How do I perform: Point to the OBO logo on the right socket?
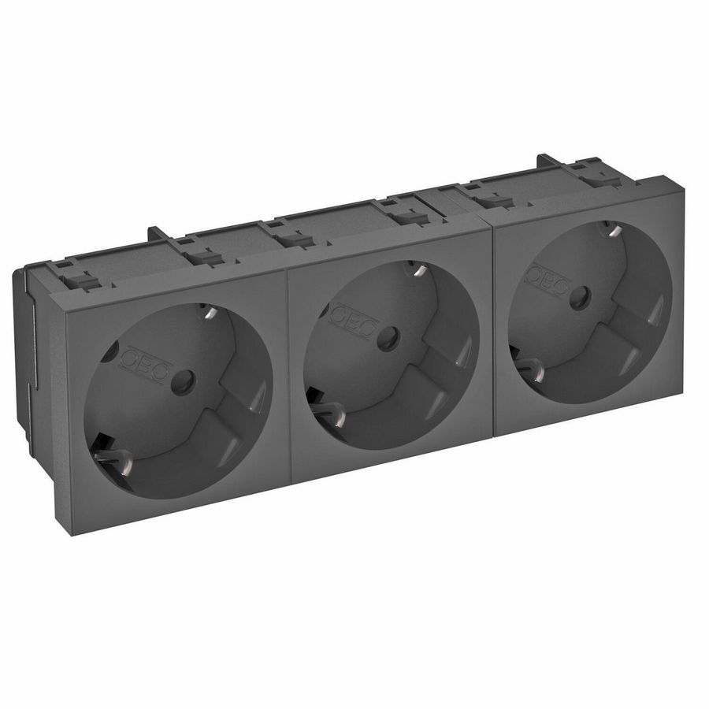pyautogui.click(x=547, y=279)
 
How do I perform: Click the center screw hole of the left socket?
pyautogui.click(x=186, y=384)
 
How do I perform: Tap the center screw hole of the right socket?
pyautogui.click(x=581, y=296)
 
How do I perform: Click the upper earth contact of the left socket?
pyautogui.click(x=209, y=312)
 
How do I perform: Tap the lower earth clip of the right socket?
pyautogui.click(x=526, y=367)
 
